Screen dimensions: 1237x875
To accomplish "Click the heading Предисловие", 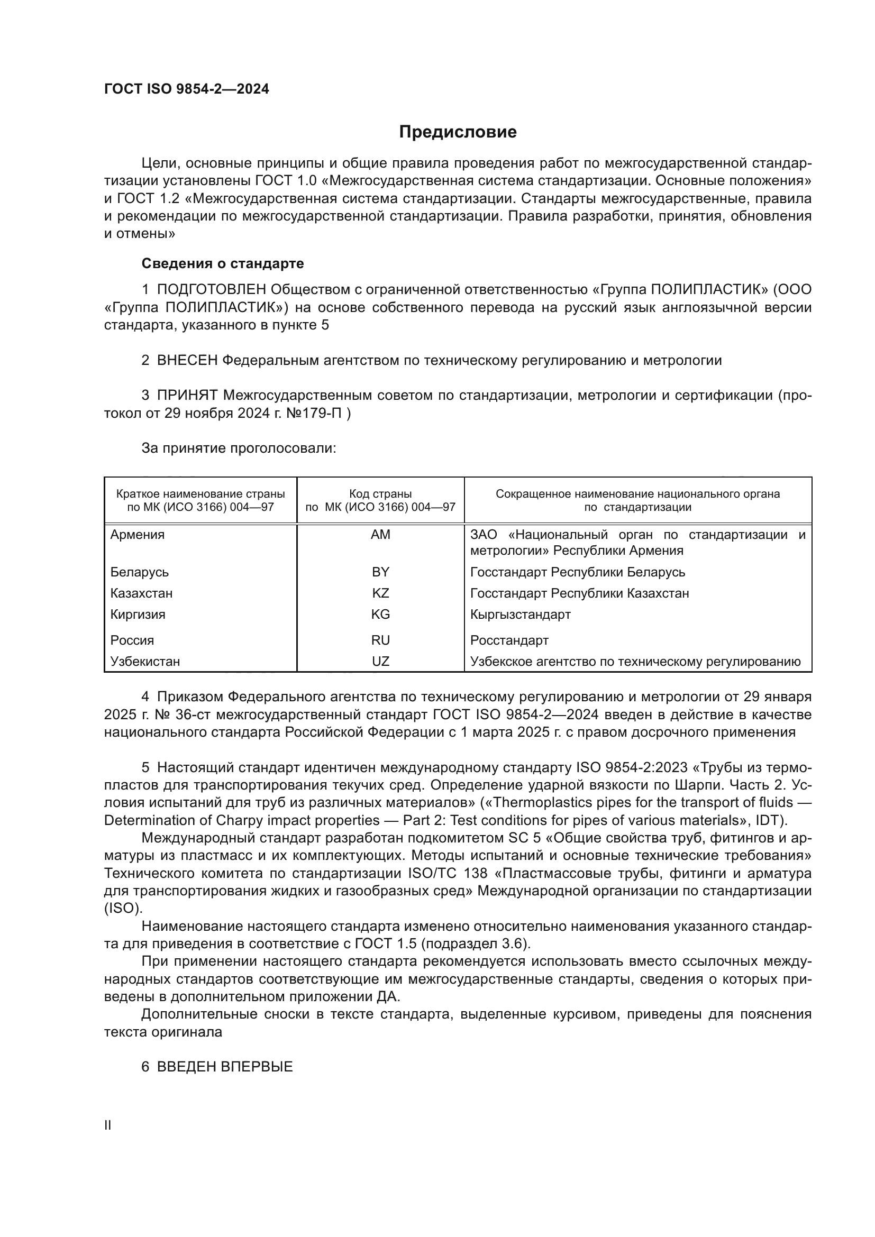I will tap(458, 132).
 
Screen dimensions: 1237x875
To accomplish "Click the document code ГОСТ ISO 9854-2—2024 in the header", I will tap(186, 89).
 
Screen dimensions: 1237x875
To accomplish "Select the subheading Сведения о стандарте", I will tap(223, 263).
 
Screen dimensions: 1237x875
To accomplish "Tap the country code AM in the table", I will tap(380, 535).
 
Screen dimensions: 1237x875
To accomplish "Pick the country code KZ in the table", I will tap(380, 593).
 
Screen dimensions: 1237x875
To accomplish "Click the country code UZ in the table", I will tap(380, 661).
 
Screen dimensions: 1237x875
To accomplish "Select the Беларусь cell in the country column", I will tap(140, 572).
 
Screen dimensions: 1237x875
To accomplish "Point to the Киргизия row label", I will tap(138, 614).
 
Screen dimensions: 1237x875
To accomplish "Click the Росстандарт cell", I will tap(509, 640).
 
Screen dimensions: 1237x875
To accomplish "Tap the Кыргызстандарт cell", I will tap(520, 614).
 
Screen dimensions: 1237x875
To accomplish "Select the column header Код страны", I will tap(380, 493).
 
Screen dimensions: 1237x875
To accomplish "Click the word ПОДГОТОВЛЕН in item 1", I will tap(211, 290).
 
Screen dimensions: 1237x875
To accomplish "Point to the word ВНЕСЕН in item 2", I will tap(187, 361).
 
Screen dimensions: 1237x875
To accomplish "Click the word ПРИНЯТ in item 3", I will tap(187, 396).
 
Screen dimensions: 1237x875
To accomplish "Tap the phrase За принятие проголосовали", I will tap(239, 448).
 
